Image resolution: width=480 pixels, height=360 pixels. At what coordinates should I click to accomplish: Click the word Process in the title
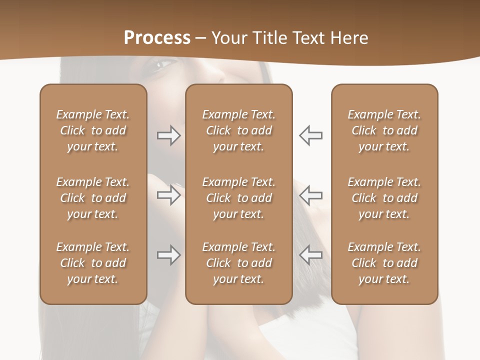(157, 38)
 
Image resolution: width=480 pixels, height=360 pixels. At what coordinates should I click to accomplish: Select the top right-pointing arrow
(168, 135)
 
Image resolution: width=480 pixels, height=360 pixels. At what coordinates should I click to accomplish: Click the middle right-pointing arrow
(168, 195)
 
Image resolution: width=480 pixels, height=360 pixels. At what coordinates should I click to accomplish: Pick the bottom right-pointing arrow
(168, 255)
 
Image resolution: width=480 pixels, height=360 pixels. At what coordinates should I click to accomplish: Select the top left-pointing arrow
(310, 135)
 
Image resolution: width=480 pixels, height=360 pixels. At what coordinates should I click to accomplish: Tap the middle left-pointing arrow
(310, 195)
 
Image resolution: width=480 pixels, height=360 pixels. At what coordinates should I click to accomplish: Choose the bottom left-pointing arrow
(310, 255)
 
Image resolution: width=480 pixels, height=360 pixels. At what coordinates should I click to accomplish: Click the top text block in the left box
(93, 130)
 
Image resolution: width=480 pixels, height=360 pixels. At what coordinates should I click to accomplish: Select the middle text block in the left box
(93, 198)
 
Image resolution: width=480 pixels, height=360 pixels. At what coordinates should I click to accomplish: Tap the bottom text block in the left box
(93, 263)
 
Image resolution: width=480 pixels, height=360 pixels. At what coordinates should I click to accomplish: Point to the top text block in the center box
(239, 130)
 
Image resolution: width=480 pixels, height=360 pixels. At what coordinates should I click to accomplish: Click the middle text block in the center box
(239, 198)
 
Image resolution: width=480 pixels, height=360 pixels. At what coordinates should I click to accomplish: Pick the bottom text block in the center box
(239, 263)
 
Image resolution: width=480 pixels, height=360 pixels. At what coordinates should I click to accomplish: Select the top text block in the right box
(384, 130)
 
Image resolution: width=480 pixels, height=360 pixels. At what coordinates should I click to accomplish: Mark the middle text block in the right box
(384, 198)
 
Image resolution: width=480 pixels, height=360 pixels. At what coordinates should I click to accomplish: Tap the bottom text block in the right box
(384, 263)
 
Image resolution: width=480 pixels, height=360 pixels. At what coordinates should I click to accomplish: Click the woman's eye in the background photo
(165, 64)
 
